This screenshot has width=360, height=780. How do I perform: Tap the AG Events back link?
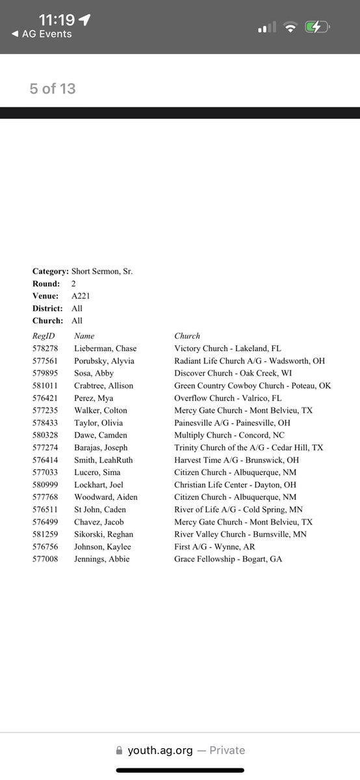[42, 34]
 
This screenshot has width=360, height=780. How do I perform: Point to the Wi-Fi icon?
[290, 27]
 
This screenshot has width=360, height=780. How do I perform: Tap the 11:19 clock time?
[57, 19]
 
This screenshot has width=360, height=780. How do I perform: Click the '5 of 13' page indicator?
[53, 88]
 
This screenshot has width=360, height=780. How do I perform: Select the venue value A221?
[82, 296]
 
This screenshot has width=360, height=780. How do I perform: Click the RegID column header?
[44, 336]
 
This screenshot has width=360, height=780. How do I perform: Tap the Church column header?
[187, 336]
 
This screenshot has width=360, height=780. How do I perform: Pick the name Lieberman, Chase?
[105, 348]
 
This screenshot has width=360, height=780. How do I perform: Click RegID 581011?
[45, 385]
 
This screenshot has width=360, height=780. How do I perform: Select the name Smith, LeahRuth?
[105, 460]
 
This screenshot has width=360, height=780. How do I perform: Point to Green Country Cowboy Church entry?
[252, 385]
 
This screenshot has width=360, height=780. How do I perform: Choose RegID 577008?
[45, 559]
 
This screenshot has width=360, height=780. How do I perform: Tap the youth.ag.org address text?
[160, 750]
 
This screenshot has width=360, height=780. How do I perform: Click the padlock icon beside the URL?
[119, 750]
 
